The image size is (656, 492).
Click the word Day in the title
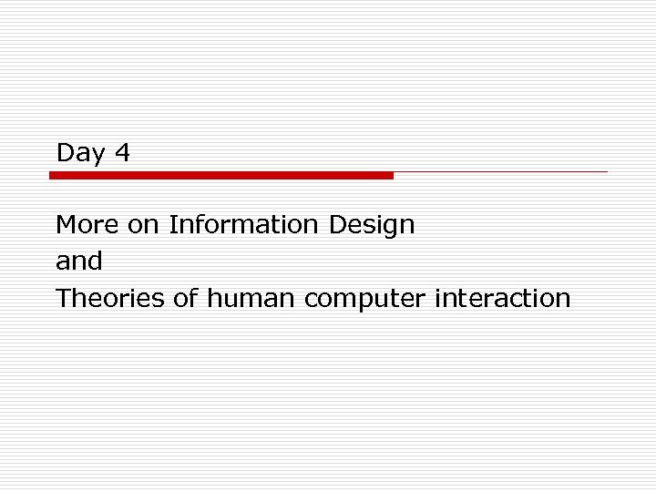point(80,153)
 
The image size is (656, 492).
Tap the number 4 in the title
point(122,152)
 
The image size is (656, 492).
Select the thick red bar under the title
point(221,175)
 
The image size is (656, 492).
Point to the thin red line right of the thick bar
point(500,171)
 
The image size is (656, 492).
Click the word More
point(87,224)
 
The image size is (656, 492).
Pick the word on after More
point(144,224)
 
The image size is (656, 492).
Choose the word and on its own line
point(79,261)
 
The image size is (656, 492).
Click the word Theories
point(110,298)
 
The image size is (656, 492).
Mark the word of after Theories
point(185,298)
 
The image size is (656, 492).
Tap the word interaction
point(504,298)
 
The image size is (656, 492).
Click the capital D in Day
point(64,152)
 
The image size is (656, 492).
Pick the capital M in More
point(66,224)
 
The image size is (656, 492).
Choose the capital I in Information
point(172,224)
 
